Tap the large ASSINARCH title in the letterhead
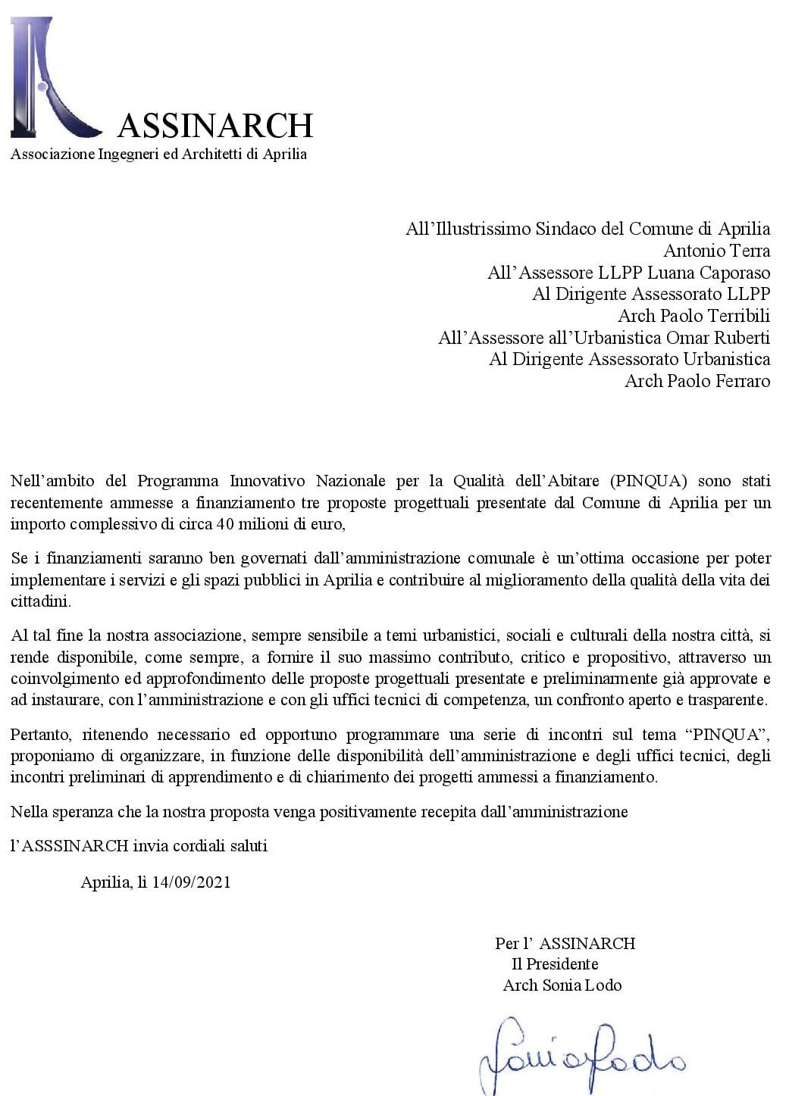[x=215, y=126]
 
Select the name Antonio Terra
[x=716, y=251]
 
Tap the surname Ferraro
[x=737, y=381]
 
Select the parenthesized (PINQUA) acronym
[x=648, y=481]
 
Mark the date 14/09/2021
[x=191, y=882]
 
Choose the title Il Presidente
[x=555, y=964]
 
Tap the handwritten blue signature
[x=581, y=1054]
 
